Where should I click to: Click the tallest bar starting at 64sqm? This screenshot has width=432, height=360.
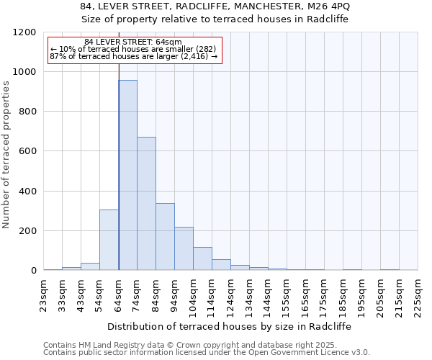coord(127,175)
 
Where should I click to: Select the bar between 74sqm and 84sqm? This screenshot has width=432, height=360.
coord(146,204)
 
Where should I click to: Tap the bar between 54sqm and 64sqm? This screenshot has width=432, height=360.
coord(109,240)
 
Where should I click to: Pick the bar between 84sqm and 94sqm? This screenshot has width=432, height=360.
coord(165,237)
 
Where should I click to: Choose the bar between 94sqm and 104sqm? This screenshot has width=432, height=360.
coord(184,248)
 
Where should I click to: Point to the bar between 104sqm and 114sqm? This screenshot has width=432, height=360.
coord(202,258)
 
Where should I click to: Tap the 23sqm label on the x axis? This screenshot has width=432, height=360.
coord(44,293)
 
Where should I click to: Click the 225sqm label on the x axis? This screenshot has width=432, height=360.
coord(418,295)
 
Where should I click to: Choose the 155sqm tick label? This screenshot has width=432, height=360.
coord(287,295)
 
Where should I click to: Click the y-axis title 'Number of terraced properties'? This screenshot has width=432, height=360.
coord(6,155)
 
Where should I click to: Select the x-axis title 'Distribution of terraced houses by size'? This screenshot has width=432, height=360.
coord(230,326)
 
